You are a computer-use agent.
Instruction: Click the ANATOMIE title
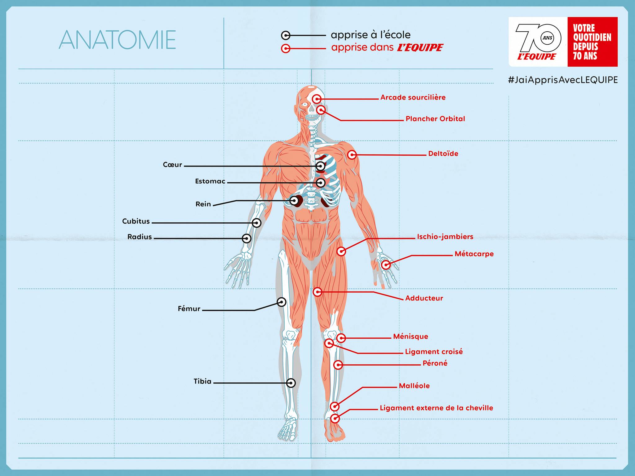click(117, 40)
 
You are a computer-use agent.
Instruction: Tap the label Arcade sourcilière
click(413, 97)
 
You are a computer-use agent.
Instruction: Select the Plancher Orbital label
click(435, 119)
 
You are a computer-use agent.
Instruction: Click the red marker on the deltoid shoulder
click(352, 154)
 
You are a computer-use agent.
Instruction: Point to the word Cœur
click(172, 165)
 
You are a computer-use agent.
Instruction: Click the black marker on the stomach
click(321, 183)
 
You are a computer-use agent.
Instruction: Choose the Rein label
click(203, 204)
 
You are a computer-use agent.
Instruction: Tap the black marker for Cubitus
click(256, 223)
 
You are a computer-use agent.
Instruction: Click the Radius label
click(140, 237)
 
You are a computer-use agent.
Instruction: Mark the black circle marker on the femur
click(282, 302)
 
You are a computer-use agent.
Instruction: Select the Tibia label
click(202, 381)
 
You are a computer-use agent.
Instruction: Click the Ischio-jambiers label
click(445, 237)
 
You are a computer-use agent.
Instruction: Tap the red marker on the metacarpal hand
click(386, 265)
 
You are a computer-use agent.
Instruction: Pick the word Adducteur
click(424, 298)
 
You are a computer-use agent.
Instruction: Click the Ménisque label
click(411, 336)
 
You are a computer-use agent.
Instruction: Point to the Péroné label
click(435, 363)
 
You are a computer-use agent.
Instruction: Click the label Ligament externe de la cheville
click(437, 408)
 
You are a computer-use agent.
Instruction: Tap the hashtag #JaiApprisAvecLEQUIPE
click(563, 80)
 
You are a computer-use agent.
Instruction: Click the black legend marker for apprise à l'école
click(286, 35)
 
